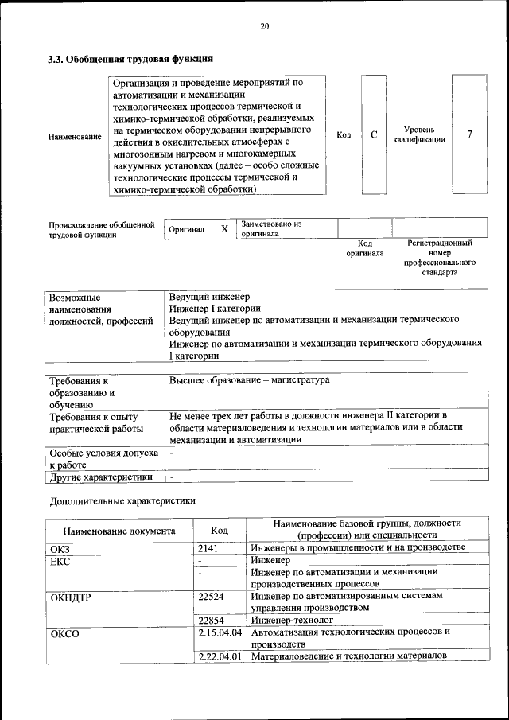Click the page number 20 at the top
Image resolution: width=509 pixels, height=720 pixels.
[265, 26]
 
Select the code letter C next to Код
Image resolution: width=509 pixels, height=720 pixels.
[373, 134]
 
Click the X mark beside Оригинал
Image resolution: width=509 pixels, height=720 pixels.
[224, 229]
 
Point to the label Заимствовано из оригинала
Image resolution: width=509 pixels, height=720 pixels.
[272, 229]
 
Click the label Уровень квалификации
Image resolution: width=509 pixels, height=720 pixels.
[418, 134]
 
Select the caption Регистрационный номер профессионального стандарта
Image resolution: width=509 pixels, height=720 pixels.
[439, 257]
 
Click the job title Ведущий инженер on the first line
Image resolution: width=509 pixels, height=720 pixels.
[209, 297]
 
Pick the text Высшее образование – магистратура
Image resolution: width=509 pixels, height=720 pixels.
[249, 380]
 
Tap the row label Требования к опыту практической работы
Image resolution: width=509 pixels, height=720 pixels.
[94, 422]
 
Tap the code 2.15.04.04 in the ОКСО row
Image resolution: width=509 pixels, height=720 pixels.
[220, 632]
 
